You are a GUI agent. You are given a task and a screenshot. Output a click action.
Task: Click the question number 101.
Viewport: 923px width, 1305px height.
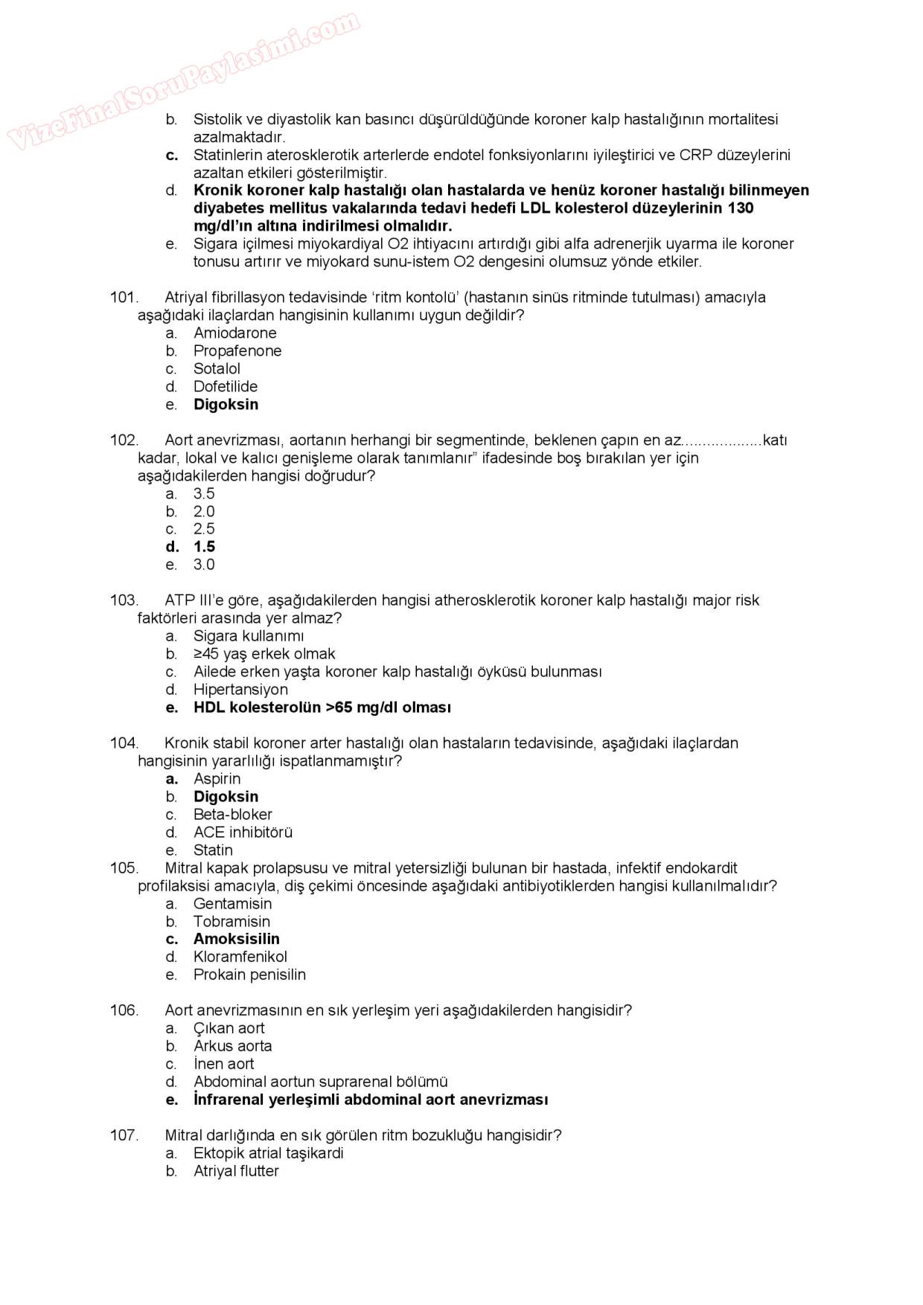tap(124, 298)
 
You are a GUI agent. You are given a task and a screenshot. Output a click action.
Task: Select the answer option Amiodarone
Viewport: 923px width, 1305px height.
tap(234, 333)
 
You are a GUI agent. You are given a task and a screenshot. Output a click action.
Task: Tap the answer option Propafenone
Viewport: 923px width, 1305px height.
tap(237, 351)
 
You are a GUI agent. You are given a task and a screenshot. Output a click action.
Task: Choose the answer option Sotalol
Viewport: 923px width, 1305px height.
tap(217, 369)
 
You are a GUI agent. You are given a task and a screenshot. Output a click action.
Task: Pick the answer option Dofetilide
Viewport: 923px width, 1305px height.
tap(226, 387)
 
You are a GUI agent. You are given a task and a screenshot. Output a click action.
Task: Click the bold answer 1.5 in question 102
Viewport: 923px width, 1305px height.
tap(204, 547)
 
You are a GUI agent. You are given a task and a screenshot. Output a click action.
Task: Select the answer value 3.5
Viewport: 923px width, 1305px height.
tap(204, 494)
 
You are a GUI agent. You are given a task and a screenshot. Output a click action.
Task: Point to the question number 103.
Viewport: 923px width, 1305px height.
tap(124, 600)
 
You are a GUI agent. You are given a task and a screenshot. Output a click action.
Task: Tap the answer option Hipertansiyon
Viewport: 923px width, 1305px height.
tap(240, 690)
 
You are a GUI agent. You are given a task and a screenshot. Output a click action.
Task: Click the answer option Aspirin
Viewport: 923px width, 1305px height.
tap(217, 779)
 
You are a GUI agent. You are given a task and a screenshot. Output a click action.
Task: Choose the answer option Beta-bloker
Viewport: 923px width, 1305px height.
tap(232, 815)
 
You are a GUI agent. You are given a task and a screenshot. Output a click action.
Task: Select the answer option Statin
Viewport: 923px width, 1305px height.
tap(213, 850)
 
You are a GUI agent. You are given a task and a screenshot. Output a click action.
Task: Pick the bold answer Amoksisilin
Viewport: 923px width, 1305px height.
tap(237, 939)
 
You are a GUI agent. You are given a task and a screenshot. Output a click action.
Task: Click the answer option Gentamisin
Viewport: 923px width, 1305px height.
tap(232, 904)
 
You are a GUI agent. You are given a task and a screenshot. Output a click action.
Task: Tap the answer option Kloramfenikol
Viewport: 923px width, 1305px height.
tap(240, 957)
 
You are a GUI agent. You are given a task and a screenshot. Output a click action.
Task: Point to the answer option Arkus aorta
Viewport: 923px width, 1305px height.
tap(232, 1046)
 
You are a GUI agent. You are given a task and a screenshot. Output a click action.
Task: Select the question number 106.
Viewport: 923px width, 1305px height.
tap(124, 1010)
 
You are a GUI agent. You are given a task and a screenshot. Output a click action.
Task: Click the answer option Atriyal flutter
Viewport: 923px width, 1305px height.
tap(236, 1171)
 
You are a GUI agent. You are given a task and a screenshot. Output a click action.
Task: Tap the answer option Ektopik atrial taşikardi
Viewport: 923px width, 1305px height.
tap(268, 1153)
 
